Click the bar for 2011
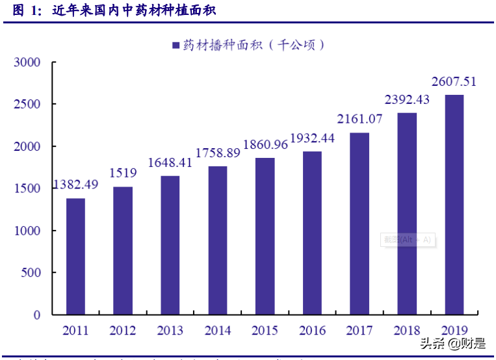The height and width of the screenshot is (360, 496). pos(75,256)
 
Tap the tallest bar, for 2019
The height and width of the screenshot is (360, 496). pos(454,205)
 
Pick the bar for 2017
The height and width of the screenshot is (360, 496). pos(359,224)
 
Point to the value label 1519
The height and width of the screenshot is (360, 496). pos(122,173)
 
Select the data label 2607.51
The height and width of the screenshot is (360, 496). pos(454,81)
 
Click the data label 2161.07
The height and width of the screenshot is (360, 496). pos(359,119)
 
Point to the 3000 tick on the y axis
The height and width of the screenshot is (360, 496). pos(27,62)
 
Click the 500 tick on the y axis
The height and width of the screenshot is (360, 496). pos(31,273)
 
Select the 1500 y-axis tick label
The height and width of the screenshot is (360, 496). pos(27,188)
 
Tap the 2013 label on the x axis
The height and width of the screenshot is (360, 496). pos(170,331)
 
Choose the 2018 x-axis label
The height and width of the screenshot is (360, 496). pos(407,331)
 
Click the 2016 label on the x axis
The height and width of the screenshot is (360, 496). pos(312,331)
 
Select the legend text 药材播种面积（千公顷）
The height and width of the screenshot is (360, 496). pos(254,45)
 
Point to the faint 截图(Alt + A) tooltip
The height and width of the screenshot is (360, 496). pos(408,240)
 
